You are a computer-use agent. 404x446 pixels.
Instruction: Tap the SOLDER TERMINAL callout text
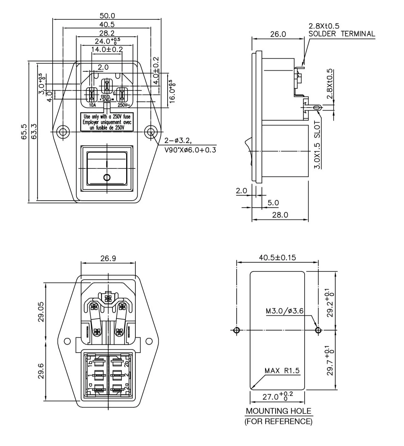[342, 34]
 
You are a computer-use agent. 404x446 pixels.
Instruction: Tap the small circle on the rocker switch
[107, 177]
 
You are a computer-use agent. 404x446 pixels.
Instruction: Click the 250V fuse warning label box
[107, 122]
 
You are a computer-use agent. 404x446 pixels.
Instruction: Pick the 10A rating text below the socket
[92, 105]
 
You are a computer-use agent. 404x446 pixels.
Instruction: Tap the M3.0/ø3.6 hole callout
[285, 311]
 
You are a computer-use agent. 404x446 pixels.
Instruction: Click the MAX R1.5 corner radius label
[282, 370]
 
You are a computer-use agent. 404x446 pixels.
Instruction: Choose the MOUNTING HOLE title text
[278, 411]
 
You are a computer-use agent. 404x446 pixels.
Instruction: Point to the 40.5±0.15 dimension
[277, 257]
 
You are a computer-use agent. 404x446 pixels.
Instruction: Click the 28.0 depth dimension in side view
[280, 215]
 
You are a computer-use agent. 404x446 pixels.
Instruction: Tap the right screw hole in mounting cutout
[318, 330]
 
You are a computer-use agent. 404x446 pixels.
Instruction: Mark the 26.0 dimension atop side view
[278, 34]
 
